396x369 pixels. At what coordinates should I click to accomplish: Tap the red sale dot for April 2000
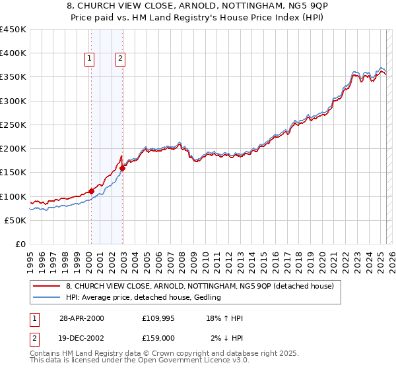point(91,192)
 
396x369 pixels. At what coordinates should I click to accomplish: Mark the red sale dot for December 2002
point(123,168)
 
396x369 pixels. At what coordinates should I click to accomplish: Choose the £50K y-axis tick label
point(16,220)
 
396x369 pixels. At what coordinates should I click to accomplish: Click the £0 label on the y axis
point(21,244)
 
